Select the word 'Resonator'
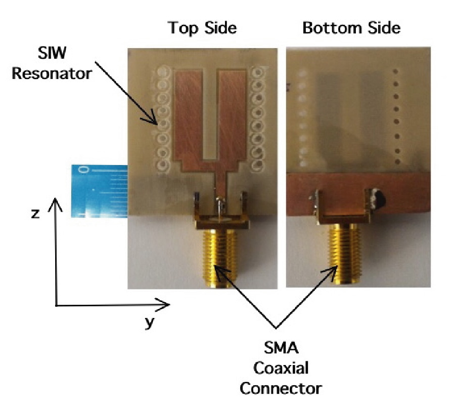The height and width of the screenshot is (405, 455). click(x=52, y=72)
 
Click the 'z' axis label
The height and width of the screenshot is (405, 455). click(x=35, y=213)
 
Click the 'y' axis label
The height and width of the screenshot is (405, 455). click(x=149, y=322)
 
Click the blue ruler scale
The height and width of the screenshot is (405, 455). click(x=98, y=190)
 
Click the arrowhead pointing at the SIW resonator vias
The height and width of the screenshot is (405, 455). click(x=157, y=122)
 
